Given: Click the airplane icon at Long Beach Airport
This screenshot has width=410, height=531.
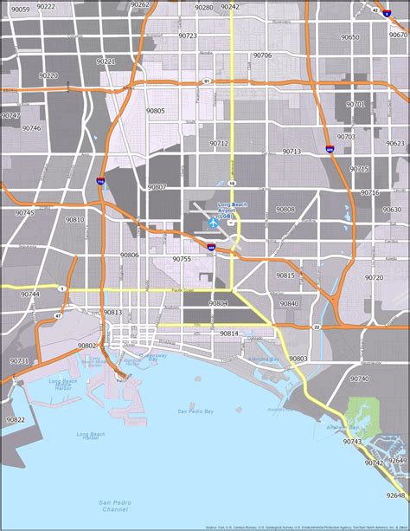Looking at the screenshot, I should point(213,223).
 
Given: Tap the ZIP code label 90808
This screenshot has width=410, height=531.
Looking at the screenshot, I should point(285,210).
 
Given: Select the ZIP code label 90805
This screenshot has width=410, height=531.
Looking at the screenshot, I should point(156,111).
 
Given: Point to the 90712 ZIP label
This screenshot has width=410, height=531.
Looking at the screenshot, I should point(219,143).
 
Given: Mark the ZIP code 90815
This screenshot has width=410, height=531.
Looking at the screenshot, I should point(285,275).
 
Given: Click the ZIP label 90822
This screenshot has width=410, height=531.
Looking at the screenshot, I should point(16,419).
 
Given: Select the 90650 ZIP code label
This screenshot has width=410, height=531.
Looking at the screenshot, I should point(349,37).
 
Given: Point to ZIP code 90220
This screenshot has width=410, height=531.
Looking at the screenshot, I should point(48,75).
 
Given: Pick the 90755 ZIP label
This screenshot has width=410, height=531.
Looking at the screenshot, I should point(182,259).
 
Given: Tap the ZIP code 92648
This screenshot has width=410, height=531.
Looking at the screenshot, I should point(395,495).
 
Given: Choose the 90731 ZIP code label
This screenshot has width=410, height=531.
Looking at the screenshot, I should point(19,360).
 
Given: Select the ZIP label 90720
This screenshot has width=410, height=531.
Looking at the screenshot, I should point(374,278).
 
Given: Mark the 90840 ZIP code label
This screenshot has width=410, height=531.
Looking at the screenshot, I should point(289,303).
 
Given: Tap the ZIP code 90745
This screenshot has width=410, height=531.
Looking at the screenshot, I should point(24,213).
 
